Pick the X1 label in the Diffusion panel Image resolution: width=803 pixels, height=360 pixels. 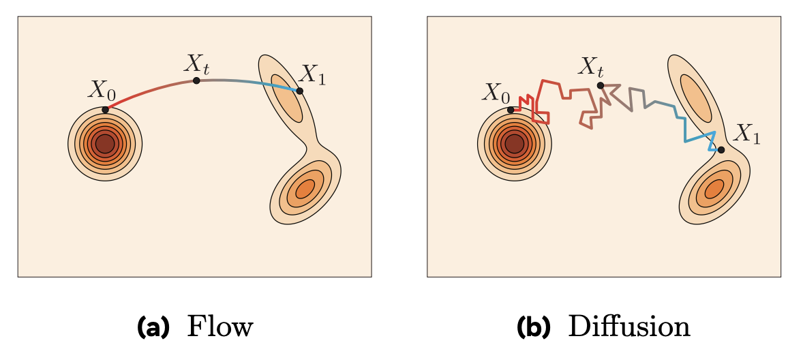tap(747, 135)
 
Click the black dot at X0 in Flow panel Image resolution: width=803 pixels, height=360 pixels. tap(105, 109)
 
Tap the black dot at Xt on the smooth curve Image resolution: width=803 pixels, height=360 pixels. tap(196, 80)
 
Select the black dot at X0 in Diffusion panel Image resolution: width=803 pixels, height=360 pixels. tap(511, 110)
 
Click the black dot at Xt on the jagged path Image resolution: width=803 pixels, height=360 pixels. tap(600, 85)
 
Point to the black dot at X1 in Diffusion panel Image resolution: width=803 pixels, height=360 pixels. tap(721, 149)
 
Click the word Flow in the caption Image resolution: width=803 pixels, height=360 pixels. tap(219, 327)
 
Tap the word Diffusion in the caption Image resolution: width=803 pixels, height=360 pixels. tap(628, 327)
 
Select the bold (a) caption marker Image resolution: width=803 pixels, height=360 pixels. tap(153, 328)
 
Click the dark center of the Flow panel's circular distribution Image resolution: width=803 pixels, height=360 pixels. tap(105, 144)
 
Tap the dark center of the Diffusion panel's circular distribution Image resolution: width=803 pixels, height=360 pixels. tap(514, 144)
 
